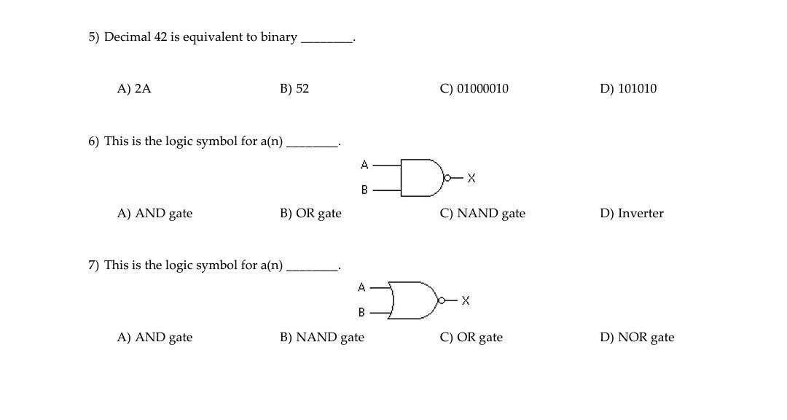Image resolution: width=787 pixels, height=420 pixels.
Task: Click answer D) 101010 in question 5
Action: [x=628, y=89]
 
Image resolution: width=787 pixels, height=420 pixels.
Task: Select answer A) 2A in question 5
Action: [x=134, y=89]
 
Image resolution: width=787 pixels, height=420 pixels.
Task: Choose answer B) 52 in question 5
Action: [x=294, y=89]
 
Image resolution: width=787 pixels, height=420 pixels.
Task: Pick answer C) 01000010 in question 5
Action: [x=474, y=89]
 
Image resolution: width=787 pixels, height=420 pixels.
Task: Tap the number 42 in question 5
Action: [x=160, y=37]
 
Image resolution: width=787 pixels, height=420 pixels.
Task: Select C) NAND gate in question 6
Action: [x=482, y=214]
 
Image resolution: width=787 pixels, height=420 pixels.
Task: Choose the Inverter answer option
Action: [x=632, y=214]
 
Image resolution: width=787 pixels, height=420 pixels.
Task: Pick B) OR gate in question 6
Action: [x=310, y=214]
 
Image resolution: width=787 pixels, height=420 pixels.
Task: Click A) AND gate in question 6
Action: [x=155, y=214]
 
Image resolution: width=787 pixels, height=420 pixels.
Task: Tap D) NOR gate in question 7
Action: [x=637, y=338]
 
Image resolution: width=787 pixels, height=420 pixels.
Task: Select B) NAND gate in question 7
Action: [x=322, y=338]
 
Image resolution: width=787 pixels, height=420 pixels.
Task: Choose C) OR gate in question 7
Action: [x=471, y=338]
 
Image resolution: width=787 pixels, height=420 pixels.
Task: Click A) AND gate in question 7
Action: [x=155, y=338]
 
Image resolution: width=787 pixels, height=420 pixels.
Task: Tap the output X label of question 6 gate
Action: [x=471, y=178]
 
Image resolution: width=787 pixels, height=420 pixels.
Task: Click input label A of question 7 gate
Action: [x=361, y=287]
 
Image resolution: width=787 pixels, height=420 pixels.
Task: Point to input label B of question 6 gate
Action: [x=364, y=190]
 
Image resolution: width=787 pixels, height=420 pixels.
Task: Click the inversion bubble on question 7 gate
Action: [x=441, y=300]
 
